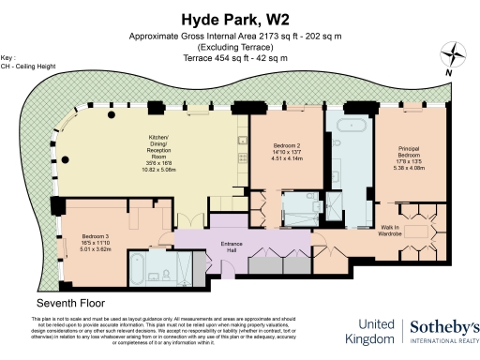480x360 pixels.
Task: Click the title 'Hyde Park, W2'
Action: coord(239,19)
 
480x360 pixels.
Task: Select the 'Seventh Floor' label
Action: coord(71,305)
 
